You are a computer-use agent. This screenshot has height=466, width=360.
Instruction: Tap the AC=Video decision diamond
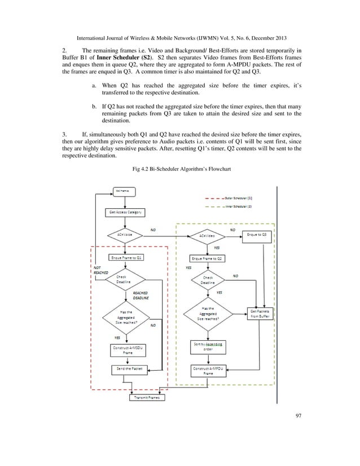[205, 234]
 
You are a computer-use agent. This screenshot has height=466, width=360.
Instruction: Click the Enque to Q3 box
[258, 233]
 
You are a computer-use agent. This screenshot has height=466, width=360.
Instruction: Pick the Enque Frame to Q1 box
[125, 257]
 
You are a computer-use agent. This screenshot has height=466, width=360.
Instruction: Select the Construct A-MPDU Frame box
[205, 371]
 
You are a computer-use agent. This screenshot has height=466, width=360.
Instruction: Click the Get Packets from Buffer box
[264, 314]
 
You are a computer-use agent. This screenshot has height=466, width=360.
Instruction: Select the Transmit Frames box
[147, 398]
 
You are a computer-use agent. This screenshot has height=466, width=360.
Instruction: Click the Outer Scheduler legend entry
[238, 199]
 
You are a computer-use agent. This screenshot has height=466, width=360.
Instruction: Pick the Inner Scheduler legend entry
[238, 207]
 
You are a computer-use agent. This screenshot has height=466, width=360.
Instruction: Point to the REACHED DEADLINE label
[141, 296]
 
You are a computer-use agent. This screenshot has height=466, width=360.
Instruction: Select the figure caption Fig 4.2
[179, 170]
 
